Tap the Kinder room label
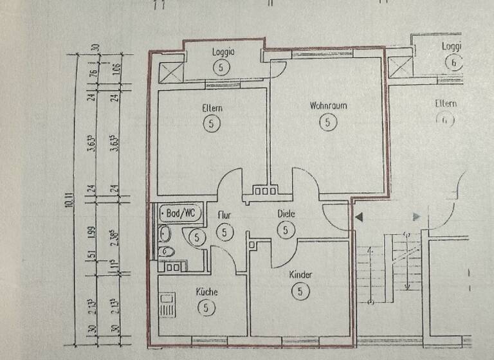pos(300,275)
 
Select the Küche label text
pos(206,292)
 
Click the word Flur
pos(224,217)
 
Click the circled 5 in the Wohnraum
pos(328,122)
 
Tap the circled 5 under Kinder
pos(300,291)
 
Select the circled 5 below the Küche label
pos(206,308)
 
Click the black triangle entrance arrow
pos(358,217)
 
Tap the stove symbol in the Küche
pos(169,305)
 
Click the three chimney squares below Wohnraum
pos(262,190)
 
